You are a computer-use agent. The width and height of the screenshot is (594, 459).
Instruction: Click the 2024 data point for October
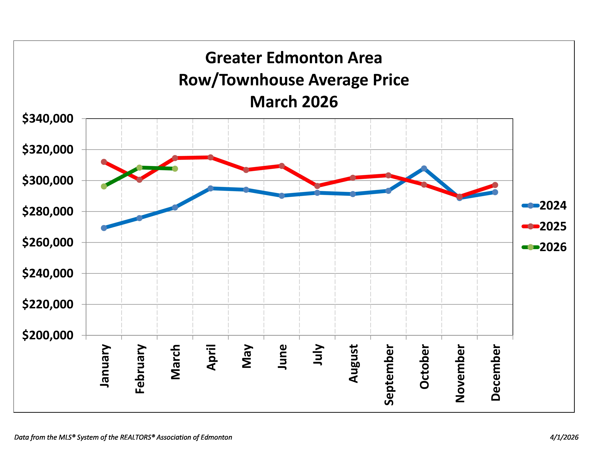[424, 168]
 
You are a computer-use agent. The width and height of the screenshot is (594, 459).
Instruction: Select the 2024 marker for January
[104, 228]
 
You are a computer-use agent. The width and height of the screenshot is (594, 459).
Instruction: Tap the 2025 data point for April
[211, 157]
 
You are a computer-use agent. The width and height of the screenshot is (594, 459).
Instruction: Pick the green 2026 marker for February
[139, 168]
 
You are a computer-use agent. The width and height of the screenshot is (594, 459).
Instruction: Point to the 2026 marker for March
[175, 169]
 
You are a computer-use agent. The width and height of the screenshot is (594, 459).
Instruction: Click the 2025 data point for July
[317, 186]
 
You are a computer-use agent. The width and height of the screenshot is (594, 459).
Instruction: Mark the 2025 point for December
[495, 185]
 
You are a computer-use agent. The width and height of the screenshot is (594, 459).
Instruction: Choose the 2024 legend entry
[544, 206]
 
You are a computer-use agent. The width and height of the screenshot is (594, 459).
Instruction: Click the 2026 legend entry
[544, 247]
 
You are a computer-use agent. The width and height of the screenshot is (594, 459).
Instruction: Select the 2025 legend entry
[544, 226]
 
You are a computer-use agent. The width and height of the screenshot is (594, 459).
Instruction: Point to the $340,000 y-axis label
[48, 119]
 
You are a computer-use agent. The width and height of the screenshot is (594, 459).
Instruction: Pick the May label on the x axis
[247, 356]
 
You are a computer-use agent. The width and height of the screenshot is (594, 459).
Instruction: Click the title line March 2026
[294, 102]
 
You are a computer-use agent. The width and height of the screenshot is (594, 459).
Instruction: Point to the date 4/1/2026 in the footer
[564, 437]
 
